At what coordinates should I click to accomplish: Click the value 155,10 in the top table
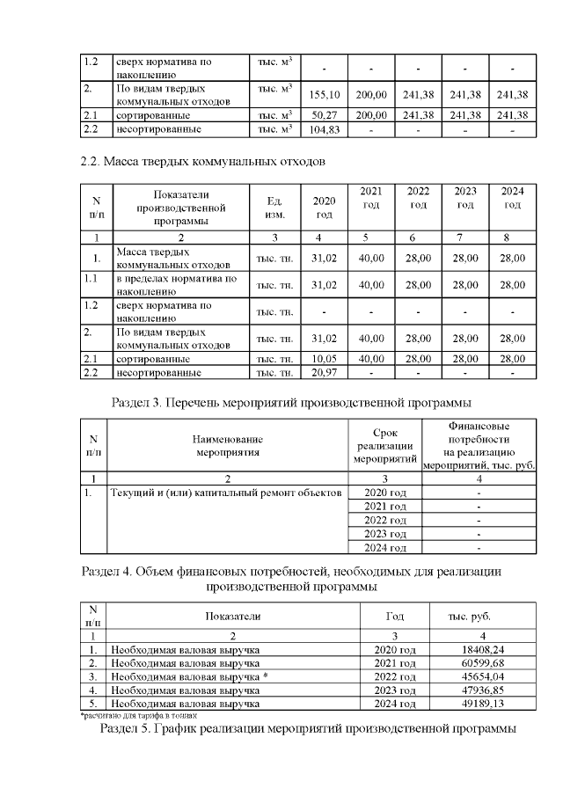point(323,95)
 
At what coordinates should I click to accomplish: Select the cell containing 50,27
point(323,115)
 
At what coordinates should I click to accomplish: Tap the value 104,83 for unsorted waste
point(323,129)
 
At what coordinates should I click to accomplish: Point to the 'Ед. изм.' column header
point(274,208)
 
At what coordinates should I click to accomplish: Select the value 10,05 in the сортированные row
point(323,359)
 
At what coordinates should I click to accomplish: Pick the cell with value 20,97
point(323,373)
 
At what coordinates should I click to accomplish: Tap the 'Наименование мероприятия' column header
point(228,445)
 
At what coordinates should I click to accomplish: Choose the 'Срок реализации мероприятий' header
point(384,445)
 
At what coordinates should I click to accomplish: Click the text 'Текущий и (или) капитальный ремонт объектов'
point(225,493)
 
